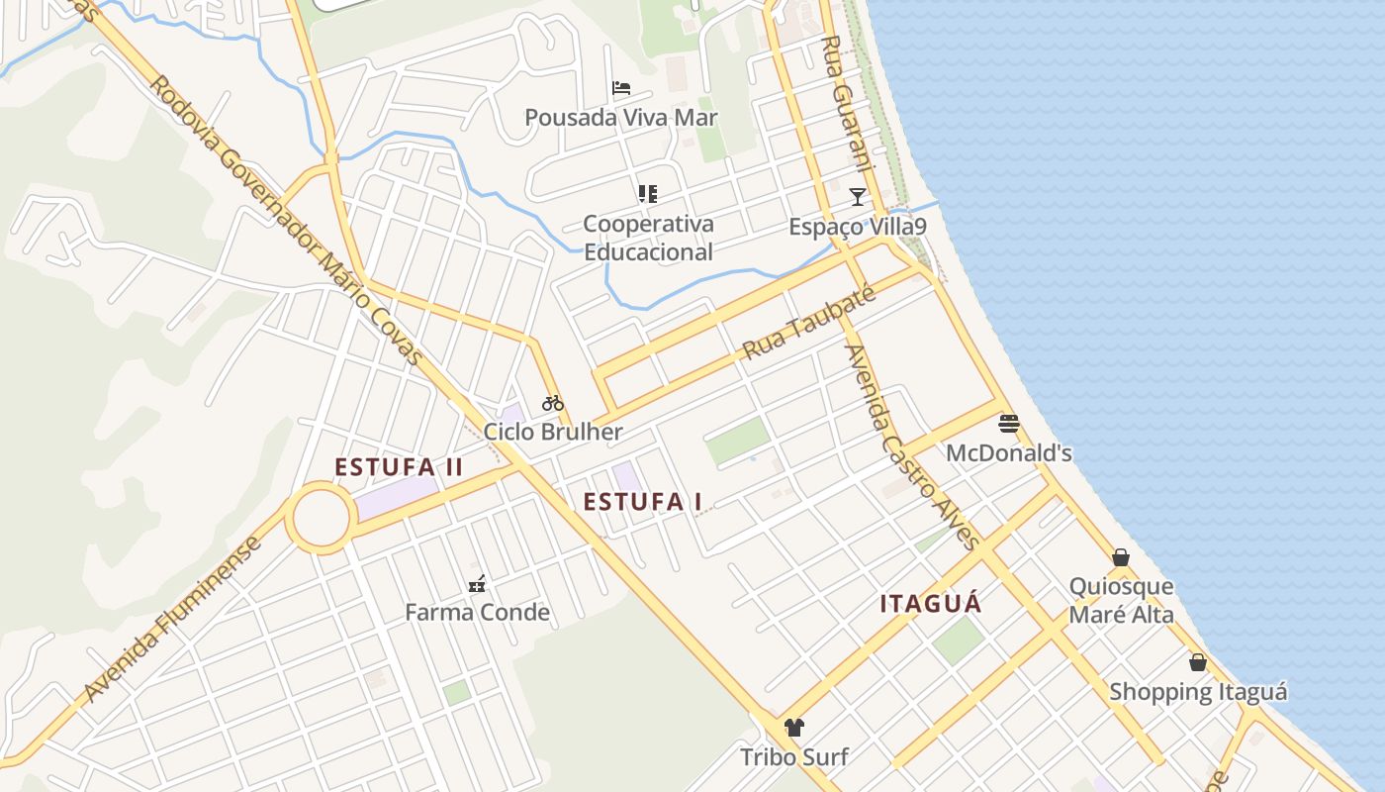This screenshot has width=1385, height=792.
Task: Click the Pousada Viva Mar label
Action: tap(620, 118)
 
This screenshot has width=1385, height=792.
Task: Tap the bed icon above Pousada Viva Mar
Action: tap(621, 88)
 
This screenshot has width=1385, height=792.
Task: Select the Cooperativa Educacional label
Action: tap(648, 238)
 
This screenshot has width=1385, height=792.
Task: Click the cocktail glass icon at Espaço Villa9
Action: tap(858, 196)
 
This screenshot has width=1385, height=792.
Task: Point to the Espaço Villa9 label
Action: tap(857, 227)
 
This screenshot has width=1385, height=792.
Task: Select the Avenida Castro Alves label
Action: tap(910, 446)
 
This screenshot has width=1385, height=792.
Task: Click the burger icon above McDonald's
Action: tap(1009, 424)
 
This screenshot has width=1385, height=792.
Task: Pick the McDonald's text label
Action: tap(1009, 453)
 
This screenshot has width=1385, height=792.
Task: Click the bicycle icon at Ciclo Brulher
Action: tap(553, 403)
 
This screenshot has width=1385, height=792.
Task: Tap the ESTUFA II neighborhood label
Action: tap(399, 467)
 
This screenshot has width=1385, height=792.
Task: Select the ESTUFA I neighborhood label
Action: tap(642, 502)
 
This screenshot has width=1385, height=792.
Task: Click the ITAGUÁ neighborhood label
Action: tap(931, 604)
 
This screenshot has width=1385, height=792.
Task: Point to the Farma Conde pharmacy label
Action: tap(477, 613)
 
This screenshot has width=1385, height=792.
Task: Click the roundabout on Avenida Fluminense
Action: tap(321, 518)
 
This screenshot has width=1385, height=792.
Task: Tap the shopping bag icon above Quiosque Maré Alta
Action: tap(1121, 557)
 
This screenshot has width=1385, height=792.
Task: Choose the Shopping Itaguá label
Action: tap(1198, 692)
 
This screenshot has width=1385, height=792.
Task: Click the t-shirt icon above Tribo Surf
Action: tap(793, 728)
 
